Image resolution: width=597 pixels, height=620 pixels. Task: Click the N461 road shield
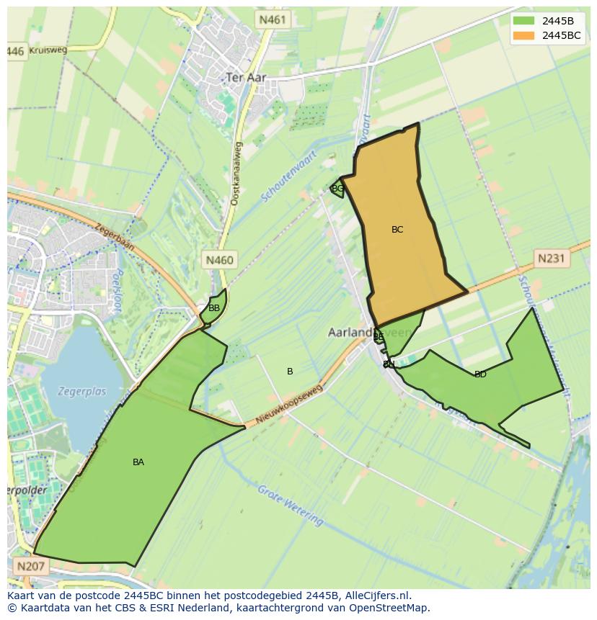[273, 20]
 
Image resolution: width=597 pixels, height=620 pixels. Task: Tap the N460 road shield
[219, 260]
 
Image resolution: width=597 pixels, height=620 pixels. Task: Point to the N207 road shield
[30, 566]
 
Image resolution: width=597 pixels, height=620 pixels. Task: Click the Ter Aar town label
[246, 77]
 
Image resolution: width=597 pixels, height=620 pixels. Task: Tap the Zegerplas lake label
[83, 392]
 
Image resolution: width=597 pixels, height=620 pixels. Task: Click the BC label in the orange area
[397, 230]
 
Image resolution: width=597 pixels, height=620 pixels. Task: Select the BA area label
[138, 462]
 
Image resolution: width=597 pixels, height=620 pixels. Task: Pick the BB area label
[214, 308]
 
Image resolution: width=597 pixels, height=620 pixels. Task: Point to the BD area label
[480, 374]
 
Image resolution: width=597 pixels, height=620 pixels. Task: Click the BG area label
[337, 189]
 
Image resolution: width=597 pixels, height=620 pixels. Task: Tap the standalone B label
[290, 372]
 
